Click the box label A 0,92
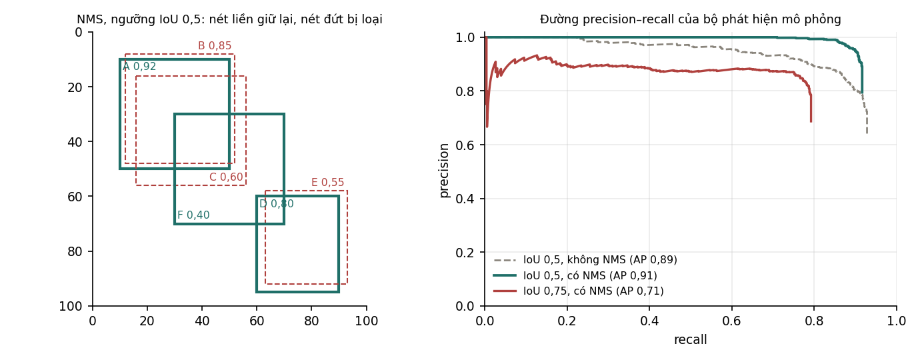point(139,67)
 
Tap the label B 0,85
point(215,45)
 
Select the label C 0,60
point(226,177)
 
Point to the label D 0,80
point(277,203)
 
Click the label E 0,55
point(328,182)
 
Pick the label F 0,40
point(193,215)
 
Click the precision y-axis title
point(443,171)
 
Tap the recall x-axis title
point(691,340)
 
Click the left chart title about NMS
point(229,19)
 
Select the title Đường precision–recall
point(691,19)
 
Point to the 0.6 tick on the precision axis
point(465,145)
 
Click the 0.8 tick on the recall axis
point(814,321)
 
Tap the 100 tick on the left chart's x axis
point(367,321)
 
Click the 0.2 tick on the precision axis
point(465,253)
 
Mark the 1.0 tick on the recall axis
point(897,321)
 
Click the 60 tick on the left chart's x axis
point(257,321)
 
